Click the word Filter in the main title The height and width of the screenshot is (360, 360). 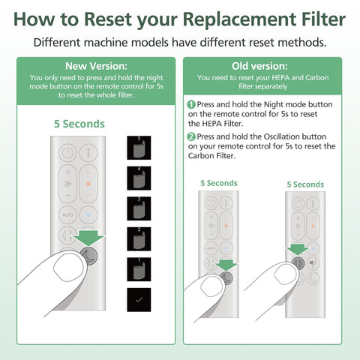[x=323, y=19]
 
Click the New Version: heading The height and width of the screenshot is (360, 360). [x=96, y=66]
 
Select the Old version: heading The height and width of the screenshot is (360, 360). [x=259, y=66]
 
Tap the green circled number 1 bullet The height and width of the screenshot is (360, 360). [x=191, y=104]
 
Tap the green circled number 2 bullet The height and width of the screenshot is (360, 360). [x=191, y=136]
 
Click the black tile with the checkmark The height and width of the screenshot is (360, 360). [x=139, y=300]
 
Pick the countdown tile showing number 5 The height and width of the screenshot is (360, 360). [x=139, y=148]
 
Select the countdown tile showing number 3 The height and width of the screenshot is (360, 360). [x=139, y=208]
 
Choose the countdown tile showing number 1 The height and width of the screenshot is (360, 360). [x=139, y=269]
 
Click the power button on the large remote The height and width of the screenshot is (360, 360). [x=67, y=152]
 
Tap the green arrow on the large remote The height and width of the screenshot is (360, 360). [x=89, y=238]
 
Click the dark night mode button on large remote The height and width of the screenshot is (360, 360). [x=88, y=256]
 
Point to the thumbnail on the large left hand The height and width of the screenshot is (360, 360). [x=68, y=267]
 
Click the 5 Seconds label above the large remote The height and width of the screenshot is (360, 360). [x=79, y=124]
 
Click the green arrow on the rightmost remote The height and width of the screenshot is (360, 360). [x=297, y=250]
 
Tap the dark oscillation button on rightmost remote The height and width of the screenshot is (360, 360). [x=298, y=262]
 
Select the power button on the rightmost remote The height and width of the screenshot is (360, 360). [x=298, y=203]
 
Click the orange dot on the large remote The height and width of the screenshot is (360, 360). [x=88, y=184]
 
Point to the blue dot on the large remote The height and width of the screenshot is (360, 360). [x=88, y=214]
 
